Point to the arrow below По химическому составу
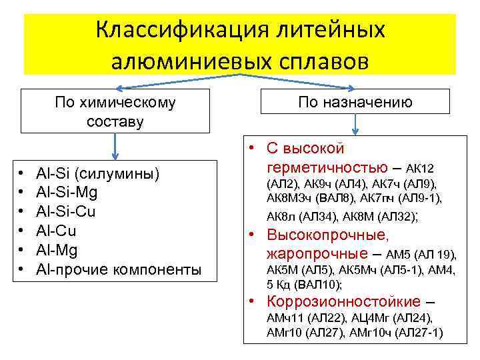coord(116,146)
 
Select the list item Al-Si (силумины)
coord(98,174)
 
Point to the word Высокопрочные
coord(327,235)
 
